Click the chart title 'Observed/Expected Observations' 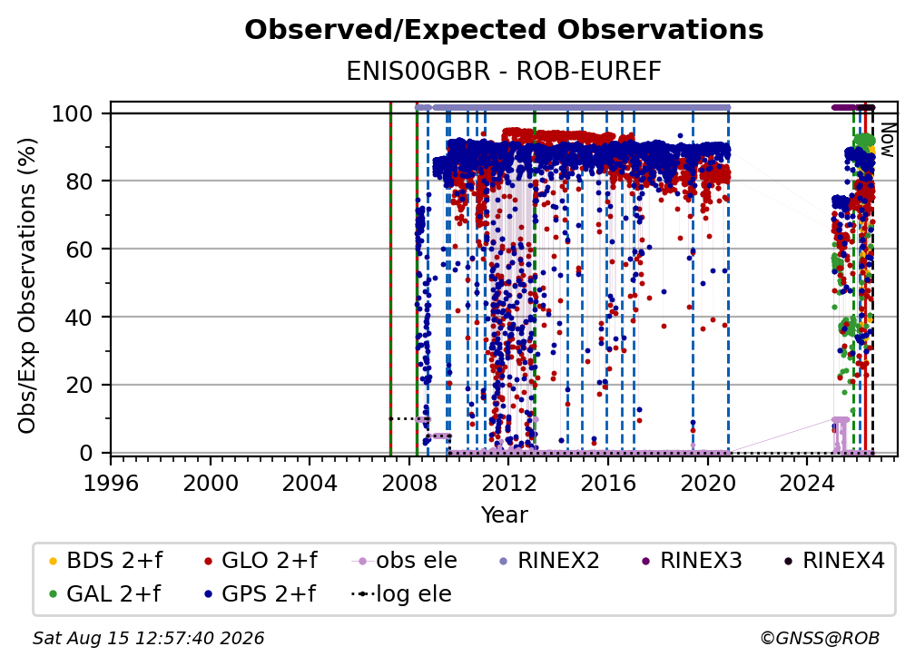point(504,30)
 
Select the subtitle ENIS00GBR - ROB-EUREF point(504,71)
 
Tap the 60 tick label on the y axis point(79,249)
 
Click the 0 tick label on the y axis point(86,453)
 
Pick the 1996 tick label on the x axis point(111,483)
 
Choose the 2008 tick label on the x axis point(409,483)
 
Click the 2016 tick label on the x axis point(608,483)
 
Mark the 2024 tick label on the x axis point(807,483)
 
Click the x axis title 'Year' point(504,515)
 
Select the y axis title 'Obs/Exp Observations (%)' point(27,286)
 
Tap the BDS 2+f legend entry point(105,561)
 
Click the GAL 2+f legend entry point(104,594)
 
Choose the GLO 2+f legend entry point(261,561)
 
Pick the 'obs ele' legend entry point(405,561)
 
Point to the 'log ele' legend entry point(401,594)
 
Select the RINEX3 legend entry point(692,561)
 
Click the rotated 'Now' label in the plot point(887,140)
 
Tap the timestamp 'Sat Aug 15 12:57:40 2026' point(148,639)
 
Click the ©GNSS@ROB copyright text point(820,639)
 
